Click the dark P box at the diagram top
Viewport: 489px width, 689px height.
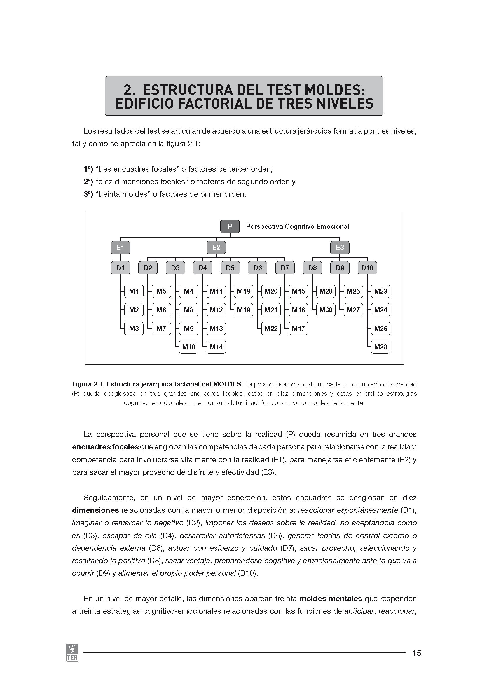(x=230, y=226)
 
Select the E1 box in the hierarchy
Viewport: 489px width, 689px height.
(x=120, y=247)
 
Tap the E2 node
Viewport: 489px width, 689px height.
(x=216, y=247)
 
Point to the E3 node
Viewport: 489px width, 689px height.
(x=340, y=247)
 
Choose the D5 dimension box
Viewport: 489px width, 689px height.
(x=230, y=268)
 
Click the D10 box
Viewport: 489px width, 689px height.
(x=367, y=268)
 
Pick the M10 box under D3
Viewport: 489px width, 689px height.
(x=189, y=347)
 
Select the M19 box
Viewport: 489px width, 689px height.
(x=244, y=310)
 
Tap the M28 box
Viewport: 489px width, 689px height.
(x=380, y=347)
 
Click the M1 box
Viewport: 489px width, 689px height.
(x=134, y=291)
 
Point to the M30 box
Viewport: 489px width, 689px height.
(x=326, y=310)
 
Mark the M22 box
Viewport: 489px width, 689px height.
(x=271, y=329)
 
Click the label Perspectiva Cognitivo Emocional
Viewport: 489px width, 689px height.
(x=297, y=227)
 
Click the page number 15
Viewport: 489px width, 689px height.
(x=417, y=653)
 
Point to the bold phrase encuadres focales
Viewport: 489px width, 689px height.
(x=105, y=447)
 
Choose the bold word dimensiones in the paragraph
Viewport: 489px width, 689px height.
(x=95, y=510)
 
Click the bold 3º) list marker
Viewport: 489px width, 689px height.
(x=88, y=194)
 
